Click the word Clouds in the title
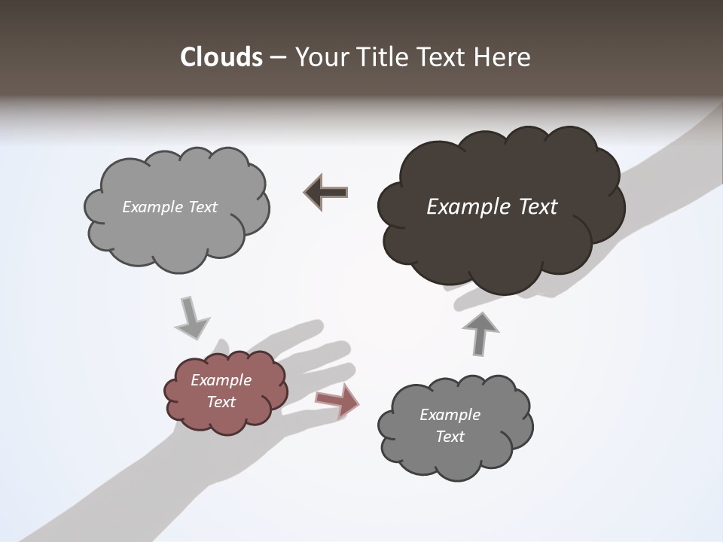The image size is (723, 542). [x=221, y=57]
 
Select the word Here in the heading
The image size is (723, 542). [x=504, y=57]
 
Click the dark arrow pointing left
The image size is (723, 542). [x=326, y=193]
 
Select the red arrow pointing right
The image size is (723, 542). [x=337, y=399]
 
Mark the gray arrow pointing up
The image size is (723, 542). [x=481, y=333]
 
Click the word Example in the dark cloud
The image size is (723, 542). [x=460, y=207]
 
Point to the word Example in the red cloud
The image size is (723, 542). [x=221, y=380]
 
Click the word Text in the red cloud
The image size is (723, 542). [x=221, y=402]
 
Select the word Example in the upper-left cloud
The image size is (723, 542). [x=151, y=207]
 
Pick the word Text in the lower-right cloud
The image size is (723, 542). [x=450, y=437]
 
